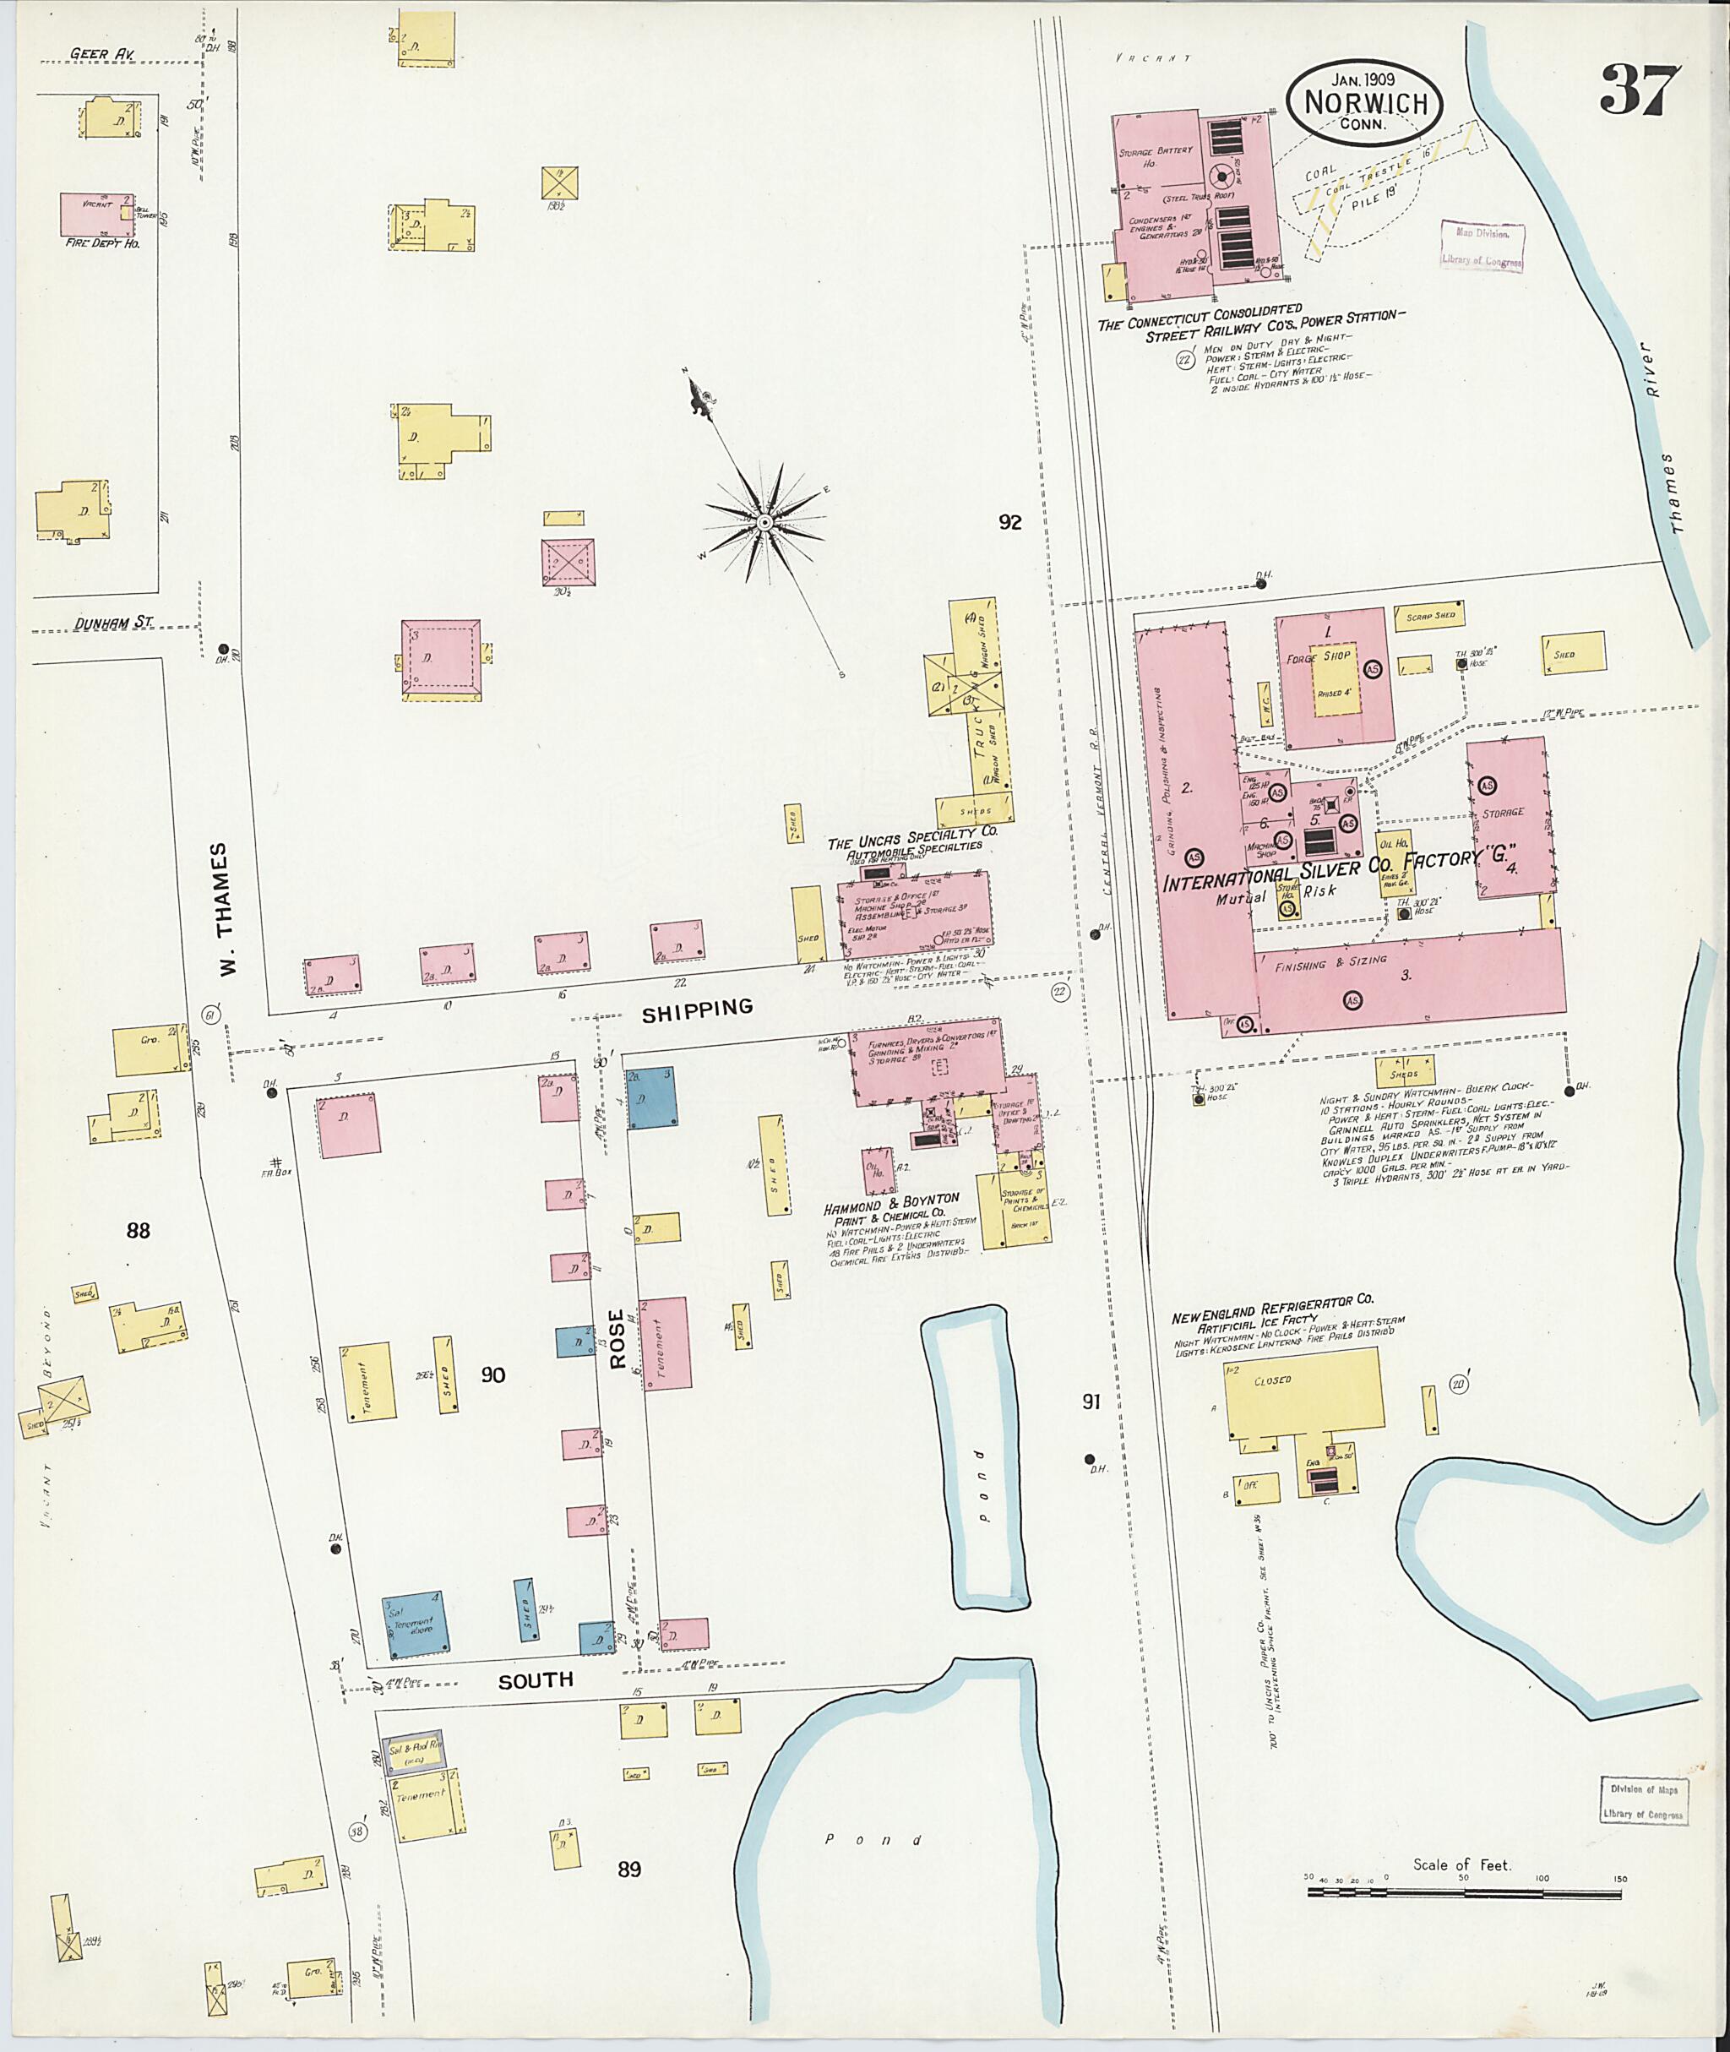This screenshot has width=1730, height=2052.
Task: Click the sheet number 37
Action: coord(1640,90)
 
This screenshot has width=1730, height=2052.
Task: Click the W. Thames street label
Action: coord(226,909)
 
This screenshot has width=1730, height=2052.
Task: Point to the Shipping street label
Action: coord(697,1006)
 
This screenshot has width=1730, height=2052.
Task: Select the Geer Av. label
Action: coord(102,54)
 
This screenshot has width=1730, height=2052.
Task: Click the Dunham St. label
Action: coord(114,623)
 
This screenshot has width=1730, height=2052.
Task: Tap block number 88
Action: coord(138,1230)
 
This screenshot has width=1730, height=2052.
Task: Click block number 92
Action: coord(1009,522)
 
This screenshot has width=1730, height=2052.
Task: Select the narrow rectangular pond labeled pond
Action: coord(975,1456)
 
